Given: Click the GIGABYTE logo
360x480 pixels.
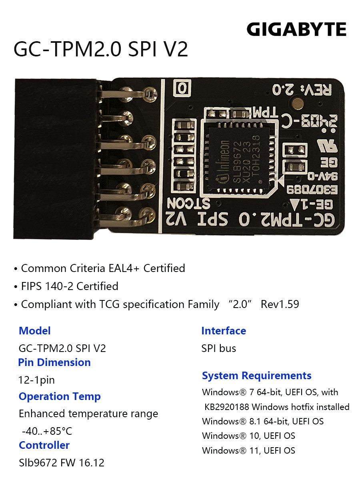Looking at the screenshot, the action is tap(296, 29).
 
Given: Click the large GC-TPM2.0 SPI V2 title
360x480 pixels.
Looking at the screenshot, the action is tap(101, 50).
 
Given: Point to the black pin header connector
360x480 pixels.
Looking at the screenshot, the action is tap(55, 159).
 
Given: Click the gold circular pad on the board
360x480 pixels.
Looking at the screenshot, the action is tap(298, 104).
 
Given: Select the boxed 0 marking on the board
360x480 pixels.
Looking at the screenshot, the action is tap(182, 88).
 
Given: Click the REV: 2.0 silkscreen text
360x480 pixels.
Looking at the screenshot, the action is tap(302, 90).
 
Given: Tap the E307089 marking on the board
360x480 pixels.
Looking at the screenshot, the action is tap(312, 190).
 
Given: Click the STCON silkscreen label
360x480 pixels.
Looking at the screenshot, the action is tap(188, 204).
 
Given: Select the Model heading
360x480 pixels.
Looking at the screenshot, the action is tap(34, 331).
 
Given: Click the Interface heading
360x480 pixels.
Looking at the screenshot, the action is tap(224, 331).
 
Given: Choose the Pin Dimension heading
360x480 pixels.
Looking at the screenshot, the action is tap(54, 362).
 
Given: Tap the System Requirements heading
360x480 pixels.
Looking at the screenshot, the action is tap(257, 376).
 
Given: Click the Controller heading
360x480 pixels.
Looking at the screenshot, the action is tap(44, 445).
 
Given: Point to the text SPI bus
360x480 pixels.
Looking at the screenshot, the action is tap(218, 348).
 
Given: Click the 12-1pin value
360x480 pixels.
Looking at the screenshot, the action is tap(36, 380).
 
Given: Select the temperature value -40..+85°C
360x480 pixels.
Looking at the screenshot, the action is tap(47, 431).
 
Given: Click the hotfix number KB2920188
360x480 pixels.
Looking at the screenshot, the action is tap(227, 407).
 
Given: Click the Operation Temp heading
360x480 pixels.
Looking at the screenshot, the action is tap(60, 396).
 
